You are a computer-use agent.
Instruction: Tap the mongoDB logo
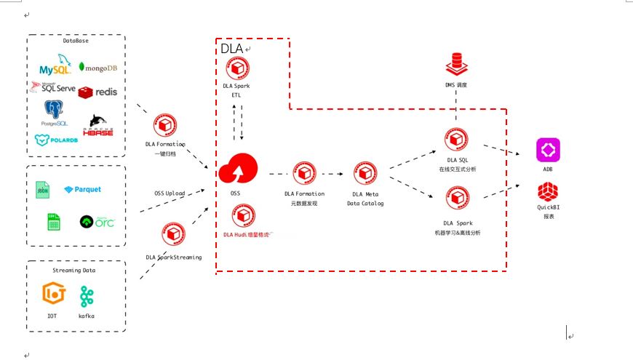pyautogui.click(x=97, y=68)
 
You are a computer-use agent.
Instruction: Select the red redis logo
pyautogui.click(x=97, y=92)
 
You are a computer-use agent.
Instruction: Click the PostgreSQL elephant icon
pyautogui.click(x=53, y=111)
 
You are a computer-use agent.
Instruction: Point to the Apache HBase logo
pyautogui.click(x=100, y=125)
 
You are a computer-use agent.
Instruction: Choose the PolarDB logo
pyautogui.click(x=56, y=140)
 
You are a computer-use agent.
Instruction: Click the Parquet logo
pyautogui.click(x=83, y=189)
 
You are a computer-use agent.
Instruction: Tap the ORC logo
pyautogui.click(x=97, y=221)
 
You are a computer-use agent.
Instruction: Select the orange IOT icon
pyautogui.click(x=53, y=295)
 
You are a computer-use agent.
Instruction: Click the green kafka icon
pyautogui.click(x=87, y=296)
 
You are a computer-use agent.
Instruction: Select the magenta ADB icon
pyautogui.click(x=548, y=150)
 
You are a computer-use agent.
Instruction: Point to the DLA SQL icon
pyautogui.click(x=457, y=140)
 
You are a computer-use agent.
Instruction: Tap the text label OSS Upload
pyautogui.click(x=170, y=193)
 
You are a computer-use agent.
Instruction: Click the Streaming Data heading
pyautogui.click(x=76, y=270)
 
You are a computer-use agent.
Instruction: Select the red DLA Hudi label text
pyautogui.click(x=246, y=234)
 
